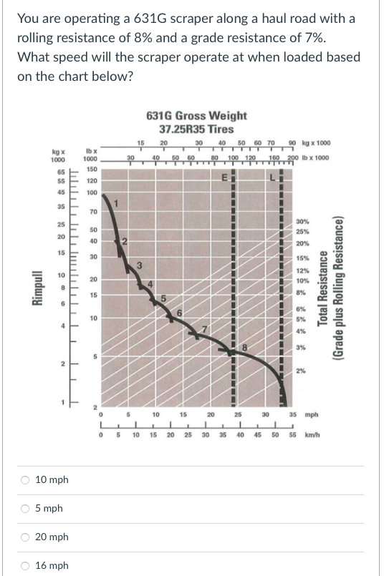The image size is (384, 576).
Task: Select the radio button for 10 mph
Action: pos(24,480)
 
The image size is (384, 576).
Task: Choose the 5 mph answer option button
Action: pos(24,509)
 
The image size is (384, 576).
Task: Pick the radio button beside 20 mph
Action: pos(24,537)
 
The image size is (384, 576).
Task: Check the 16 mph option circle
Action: pos(24,566)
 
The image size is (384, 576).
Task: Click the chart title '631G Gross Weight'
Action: pos(196,115)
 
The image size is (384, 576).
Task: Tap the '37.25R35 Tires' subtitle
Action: pos(196,129)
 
